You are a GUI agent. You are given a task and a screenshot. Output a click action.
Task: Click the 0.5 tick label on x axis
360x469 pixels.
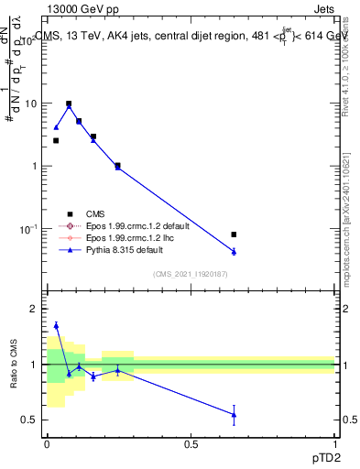(x=191, y=443)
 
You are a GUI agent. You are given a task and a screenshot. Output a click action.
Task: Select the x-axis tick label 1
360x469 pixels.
(x=335, y=443)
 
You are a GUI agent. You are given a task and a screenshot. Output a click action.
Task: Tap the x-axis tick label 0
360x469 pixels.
(x=47, y=443)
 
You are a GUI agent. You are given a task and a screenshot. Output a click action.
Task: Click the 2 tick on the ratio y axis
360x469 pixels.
(x=33, y=310)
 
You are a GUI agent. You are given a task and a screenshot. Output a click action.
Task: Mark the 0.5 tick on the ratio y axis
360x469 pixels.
(x=30, y=420)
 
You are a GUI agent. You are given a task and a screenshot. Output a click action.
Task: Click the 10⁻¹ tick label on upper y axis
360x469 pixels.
(x=28, y=228)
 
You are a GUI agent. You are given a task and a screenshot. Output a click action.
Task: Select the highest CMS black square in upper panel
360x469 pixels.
(x=69, y=104)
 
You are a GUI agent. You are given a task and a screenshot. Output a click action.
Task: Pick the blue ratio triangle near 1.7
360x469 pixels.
(x=56, y=325)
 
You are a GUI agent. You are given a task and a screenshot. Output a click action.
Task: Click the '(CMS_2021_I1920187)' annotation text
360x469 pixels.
(x=190, y=274)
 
